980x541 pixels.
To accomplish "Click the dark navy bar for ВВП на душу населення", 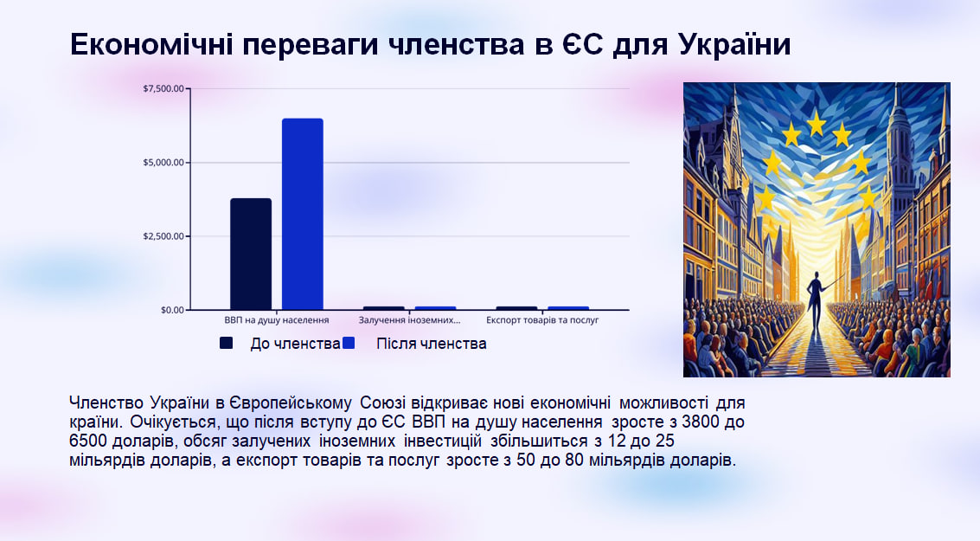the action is coord(251,254).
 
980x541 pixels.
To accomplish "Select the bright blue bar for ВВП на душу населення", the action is coord(303,214).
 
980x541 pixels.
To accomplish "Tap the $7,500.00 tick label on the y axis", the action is coord(163,89).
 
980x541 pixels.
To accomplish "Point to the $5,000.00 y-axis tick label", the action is coord(163,163).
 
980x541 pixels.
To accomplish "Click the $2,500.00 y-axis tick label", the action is coord(163,236).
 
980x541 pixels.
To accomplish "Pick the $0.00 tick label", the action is coord(172,310).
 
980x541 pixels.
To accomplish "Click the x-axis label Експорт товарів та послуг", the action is coord(542,320).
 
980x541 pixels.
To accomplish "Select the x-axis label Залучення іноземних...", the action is coord(409,320).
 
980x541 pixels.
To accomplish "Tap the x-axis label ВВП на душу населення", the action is coord(277,320).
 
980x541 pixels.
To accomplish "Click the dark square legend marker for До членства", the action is coord(227,343).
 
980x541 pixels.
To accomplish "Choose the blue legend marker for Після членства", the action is coord(348,343).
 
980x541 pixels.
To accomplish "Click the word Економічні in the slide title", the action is coord(152,44).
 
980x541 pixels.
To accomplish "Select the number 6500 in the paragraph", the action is coord(88,441).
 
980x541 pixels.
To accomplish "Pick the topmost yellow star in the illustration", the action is coord(817,123).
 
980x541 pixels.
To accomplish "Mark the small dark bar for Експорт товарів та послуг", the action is coord(517,308).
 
